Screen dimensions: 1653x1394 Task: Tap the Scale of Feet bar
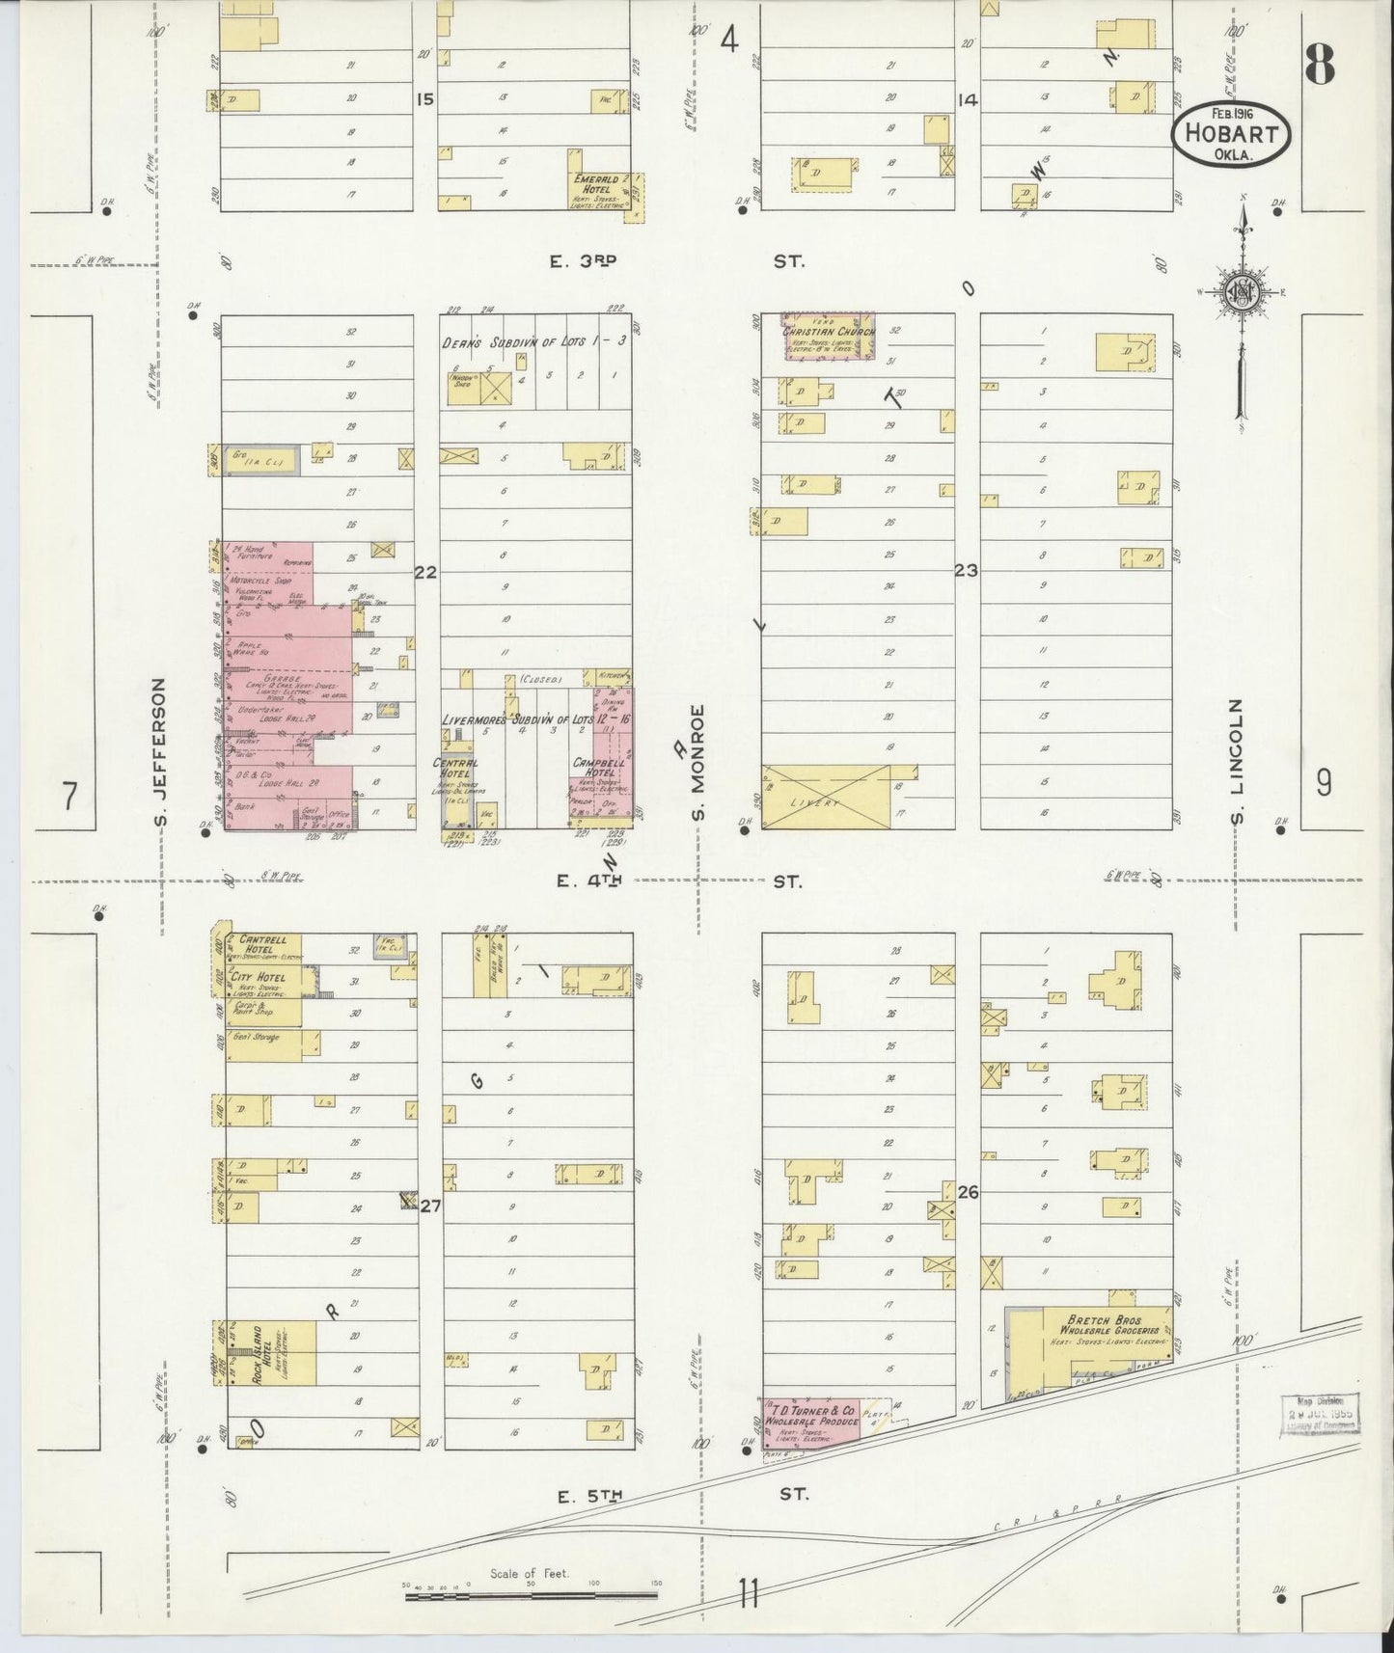(x=530, y=1597)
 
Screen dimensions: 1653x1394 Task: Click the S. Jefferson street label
(x=161, y=753)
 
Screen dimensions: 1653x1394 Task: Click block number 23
(x=966, y=571)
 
